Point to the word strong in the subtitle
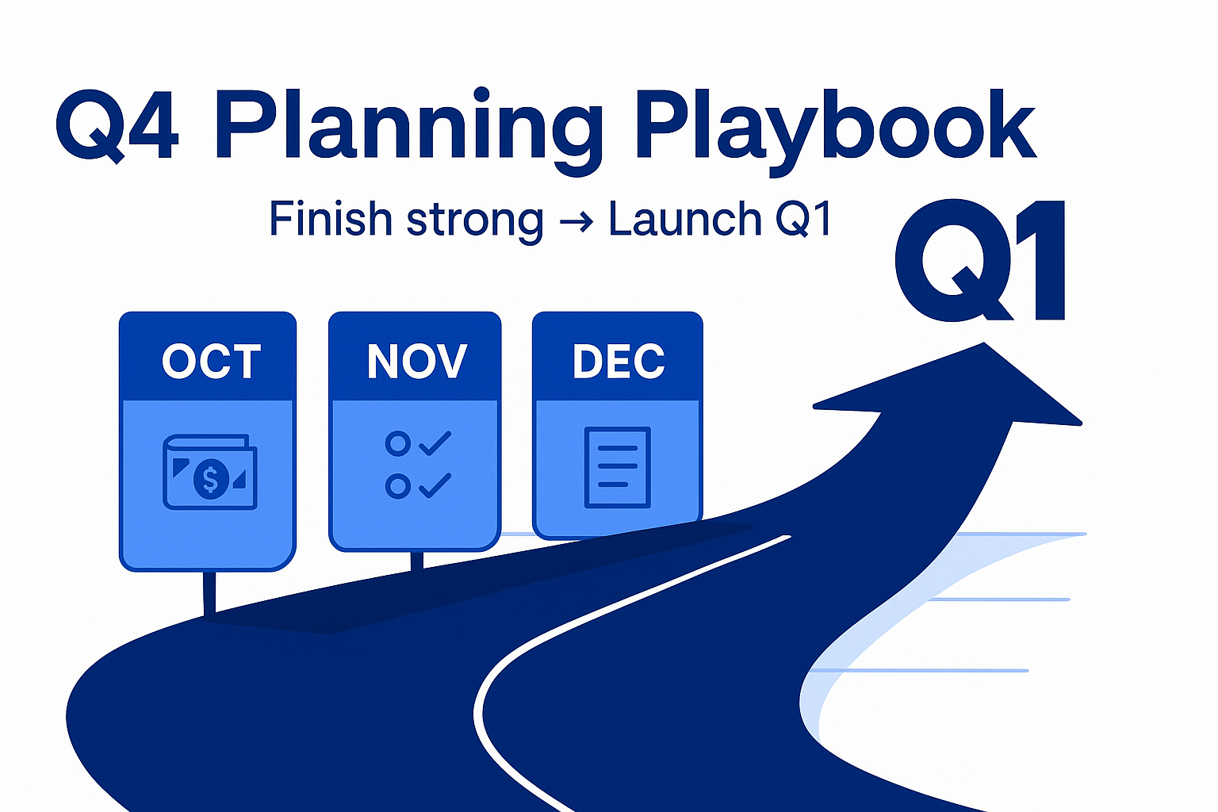[x=474, y=220]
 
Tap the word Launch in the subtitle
[x=684, y=218]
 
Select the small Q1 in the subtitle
[x=802, y=218]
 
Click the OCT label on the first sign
[x=211, y=362]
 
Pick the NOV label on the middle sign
[x=416, y=362]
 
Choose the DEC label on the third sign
[x=619, y=362]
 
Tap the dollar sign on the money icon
[x=210, y=478]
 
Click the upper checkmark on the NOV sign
[x=435, y=443]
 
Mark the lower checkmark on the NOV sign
[x=435, y=485]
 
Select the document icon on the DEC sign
[x=617, y=467]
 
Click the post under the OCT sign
[x=209, y=592]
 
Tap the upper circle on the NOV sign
[x=397, y=443]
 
